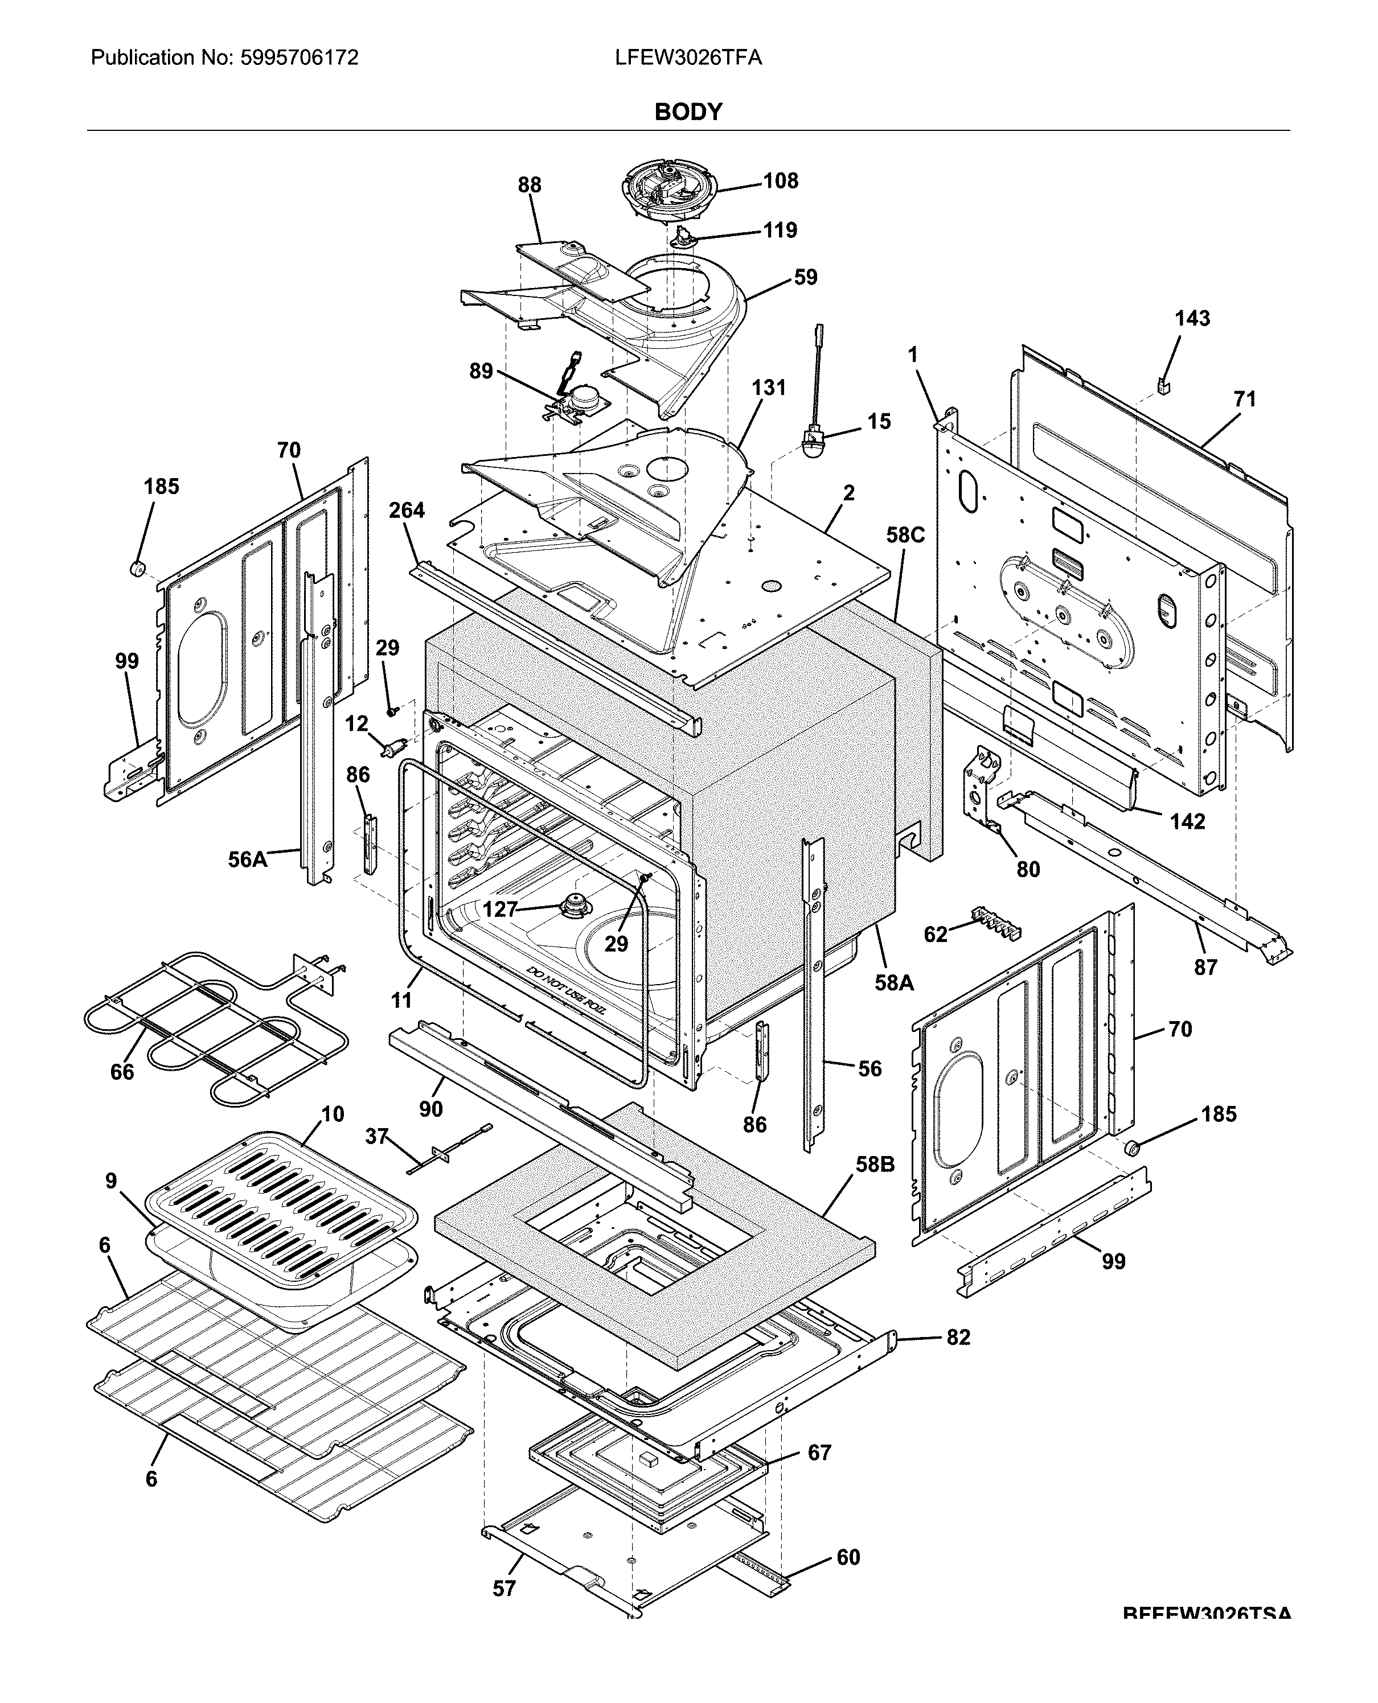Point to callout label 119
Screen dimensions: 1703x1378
click(x=780, y=230)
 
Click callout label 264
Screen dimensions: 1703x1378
click(x=407, y=510)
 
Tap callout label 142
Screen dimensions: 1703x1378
click(x=1187, y=821)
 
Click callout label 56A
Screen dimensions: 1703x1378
click(x=247, y=859)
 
